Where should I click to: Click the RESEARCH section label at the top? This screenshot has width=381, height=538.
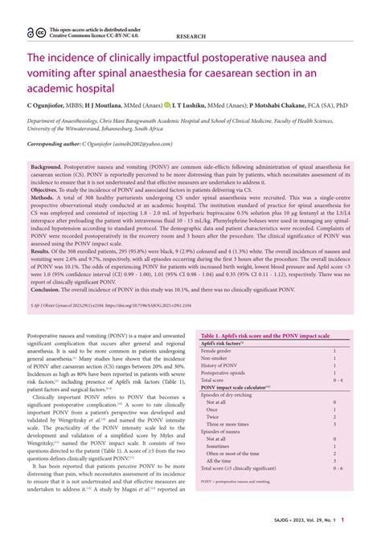point(190,36)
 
